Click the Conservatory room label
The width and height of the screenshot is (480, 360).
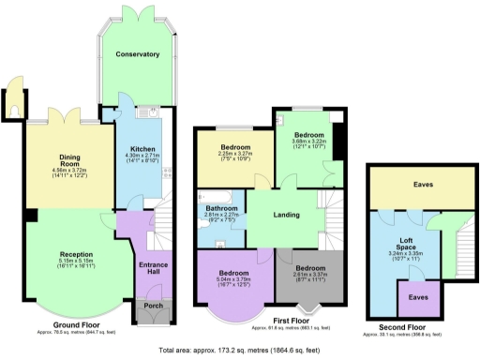(138, 54)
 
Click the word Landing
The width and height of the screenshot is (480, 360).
(286, 216)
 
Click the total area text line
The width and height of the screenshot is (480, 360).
(240, 350)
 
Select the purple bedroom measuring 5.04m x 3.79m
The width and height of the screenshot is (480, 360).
(234, 273)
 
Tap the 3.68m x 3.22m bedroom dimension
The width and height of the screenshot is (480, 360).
(306, 142)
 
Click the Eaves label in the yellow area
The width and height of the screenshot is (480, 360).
(423, 185)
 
